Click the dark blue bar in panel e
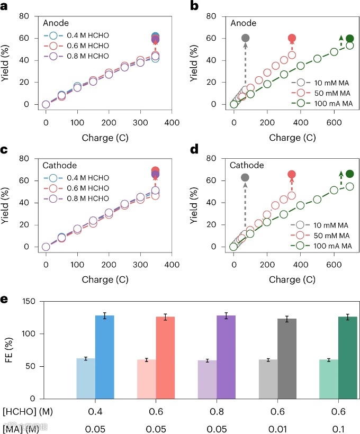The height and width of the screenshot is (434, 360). pos(105,357)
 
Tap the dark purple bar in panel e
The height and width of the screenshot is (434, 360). pos(226,357)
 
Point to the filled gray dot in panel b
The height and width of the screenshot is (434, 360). pos(246,38)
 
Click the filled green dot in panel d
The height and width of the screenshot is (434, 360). pos(349,174)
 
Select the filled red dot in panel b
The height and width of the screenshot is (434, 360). pos(292,38)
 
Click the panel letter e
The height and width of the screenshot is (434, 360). pos(4,300)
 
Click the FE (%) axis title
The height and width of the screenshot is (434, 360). pos(10,349)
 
